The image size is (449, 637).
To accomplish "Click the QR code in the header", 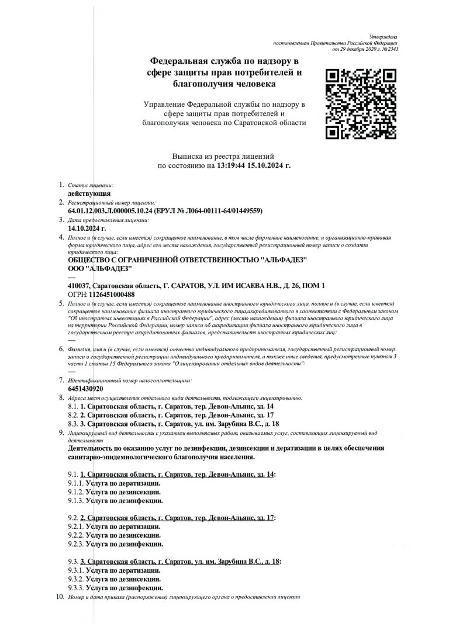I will (x=361, y=104).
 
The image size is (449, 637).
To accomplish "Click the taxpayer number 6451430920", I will (x=86, y=389).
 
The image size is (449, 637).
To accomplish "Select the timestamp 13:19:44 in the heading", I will (x=232, y=166).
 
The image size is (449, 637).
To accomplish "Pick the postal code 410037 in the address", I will (x=80, y=285).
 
